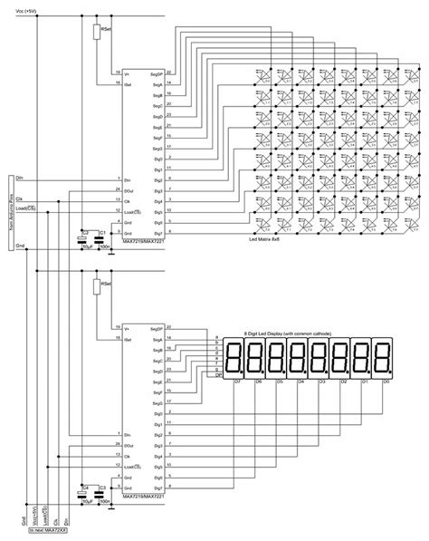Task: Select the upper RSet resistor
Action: pos(97,34)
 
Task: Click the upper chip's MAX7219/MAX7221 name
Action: pos(145,240)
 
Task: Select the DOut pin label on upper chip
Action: pos(129,188)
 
